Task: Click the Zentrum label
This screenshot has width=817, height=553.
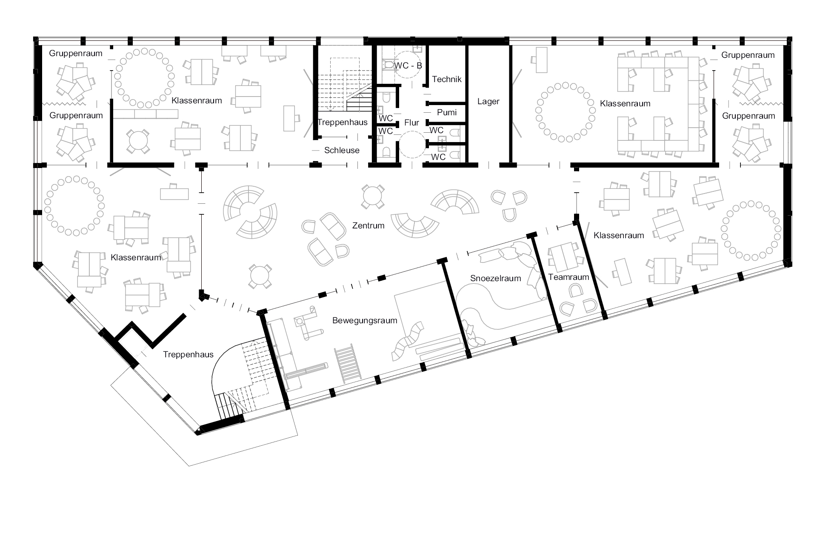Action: point(368,226)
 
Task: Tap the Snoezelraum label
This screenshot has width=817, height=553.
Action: point(495,279)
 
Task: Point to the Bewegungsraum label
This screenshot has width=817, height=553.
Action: point(365,320)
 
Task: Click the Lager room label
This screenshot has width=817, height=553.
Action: point(488,102)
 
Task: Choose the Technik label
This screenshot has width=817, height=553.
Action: point(447,80)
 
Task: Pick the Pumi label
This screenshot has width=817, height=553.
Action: point(447,112)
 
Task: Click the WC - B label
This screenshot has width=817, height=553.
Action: point(408,66)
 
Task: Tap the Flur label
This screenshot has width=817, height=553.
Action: point(411,123)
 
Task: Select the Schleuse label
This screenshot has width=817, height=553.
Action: point(342,151)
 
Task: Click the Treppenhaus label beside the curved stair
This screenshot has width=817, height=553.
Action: point(188,355)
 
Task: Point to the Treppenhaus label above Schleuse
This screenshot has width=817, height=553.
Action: point(343,123)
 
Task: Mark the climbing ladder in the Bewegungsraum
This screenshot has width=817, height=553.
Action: point(348,362)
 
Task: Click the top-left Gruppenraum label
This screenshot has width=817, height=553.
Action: point(76,54)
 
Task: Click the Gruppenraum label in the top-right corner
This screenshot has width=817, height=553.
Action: point(748,55)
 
